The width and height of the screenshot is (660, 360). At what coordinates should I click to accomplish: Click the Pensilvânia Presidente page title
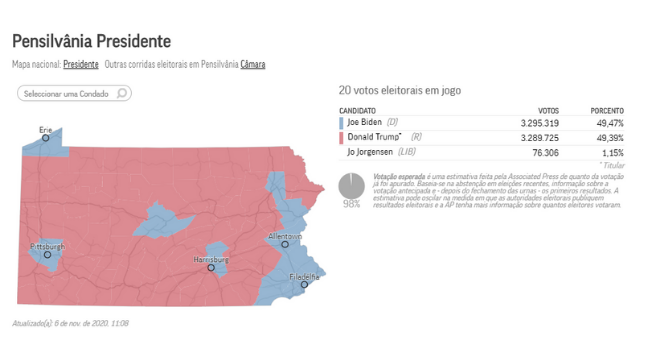point(91,42)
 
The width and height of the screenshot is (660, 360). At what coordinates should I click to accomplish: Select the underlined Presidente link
point(81,65)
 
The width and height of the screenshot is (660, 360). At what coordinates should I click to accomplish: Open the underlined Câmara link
point(252,65)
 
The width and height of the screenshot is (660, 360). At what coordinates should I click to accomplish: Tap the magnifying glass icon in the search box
point(122,93)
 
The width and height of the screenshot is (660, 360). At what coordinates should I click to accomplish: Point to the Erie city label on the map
point(45,130)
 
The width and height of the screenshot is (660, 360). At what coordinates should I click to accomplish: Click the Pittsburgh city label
point(47,245)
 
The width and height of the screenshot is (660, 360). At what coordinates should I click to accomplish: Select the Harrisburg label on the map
point(211,260)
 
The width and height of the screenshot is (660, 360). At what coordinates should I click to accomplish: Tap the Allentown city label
point(285,236)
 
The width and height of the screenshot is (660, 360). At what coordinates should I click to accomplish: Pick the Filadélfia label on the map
point(304,276)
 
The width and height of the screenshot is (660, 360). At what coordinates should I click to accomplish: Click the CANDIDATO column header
point(357,110)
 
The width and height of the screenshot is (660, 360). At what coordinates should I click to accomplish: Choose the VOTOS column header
point(548,110)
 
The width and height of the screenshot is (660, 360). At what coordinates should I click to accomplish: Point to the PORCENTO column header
point(606,110)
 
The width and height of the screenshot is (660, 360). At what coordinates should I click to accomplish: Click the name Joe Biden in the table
point(365,122)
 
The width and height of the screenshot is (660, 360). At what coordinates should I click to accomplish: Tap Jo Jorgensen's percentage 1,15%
point(612,152)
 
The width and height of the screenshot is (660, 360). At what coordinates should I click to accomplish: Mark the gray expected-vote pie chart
point(351,186)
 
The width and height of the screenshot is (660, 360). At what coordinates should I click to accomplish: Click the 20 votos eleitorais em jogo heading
point(399,90)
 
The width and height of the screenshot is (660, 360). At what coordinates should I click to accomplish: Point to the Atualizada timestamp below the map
point(70,323)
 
